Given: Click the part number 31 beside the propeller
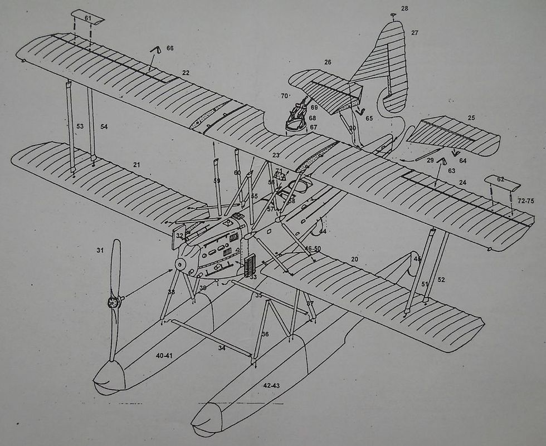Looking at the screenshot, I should coord(100,251).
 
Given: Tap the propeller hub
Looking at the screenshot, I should coord(114,302).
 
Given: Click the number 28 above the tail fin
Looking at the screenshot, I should coord(404,8).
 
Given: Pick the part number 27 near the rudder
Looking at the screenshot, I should coord(415,33).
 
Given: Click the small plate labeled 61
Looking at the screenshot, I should coord(88,18).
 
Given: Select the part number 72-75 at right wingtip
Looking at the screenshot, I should coord(526,199).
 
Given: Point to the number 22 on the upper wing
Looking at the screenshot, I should coord(186,73).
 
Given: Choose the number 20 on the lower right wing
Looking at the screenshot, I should coord(354,259).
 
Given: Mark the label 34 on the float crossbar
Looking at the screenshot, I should coord(222,348).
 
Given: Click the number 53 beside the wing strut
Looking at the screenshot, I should coord(80,128).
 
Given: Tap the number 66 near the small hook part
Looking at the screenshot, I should coord(170,48).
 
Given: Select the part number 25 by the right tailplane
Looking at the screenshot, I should coord(471,118).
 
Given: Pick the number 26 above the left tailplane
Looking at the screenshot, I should coord(328,62).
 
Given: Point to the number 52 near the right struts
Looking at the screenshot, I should coord(441,280).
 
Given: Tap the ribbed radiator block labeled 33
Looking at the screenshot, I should coord(251,266).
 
